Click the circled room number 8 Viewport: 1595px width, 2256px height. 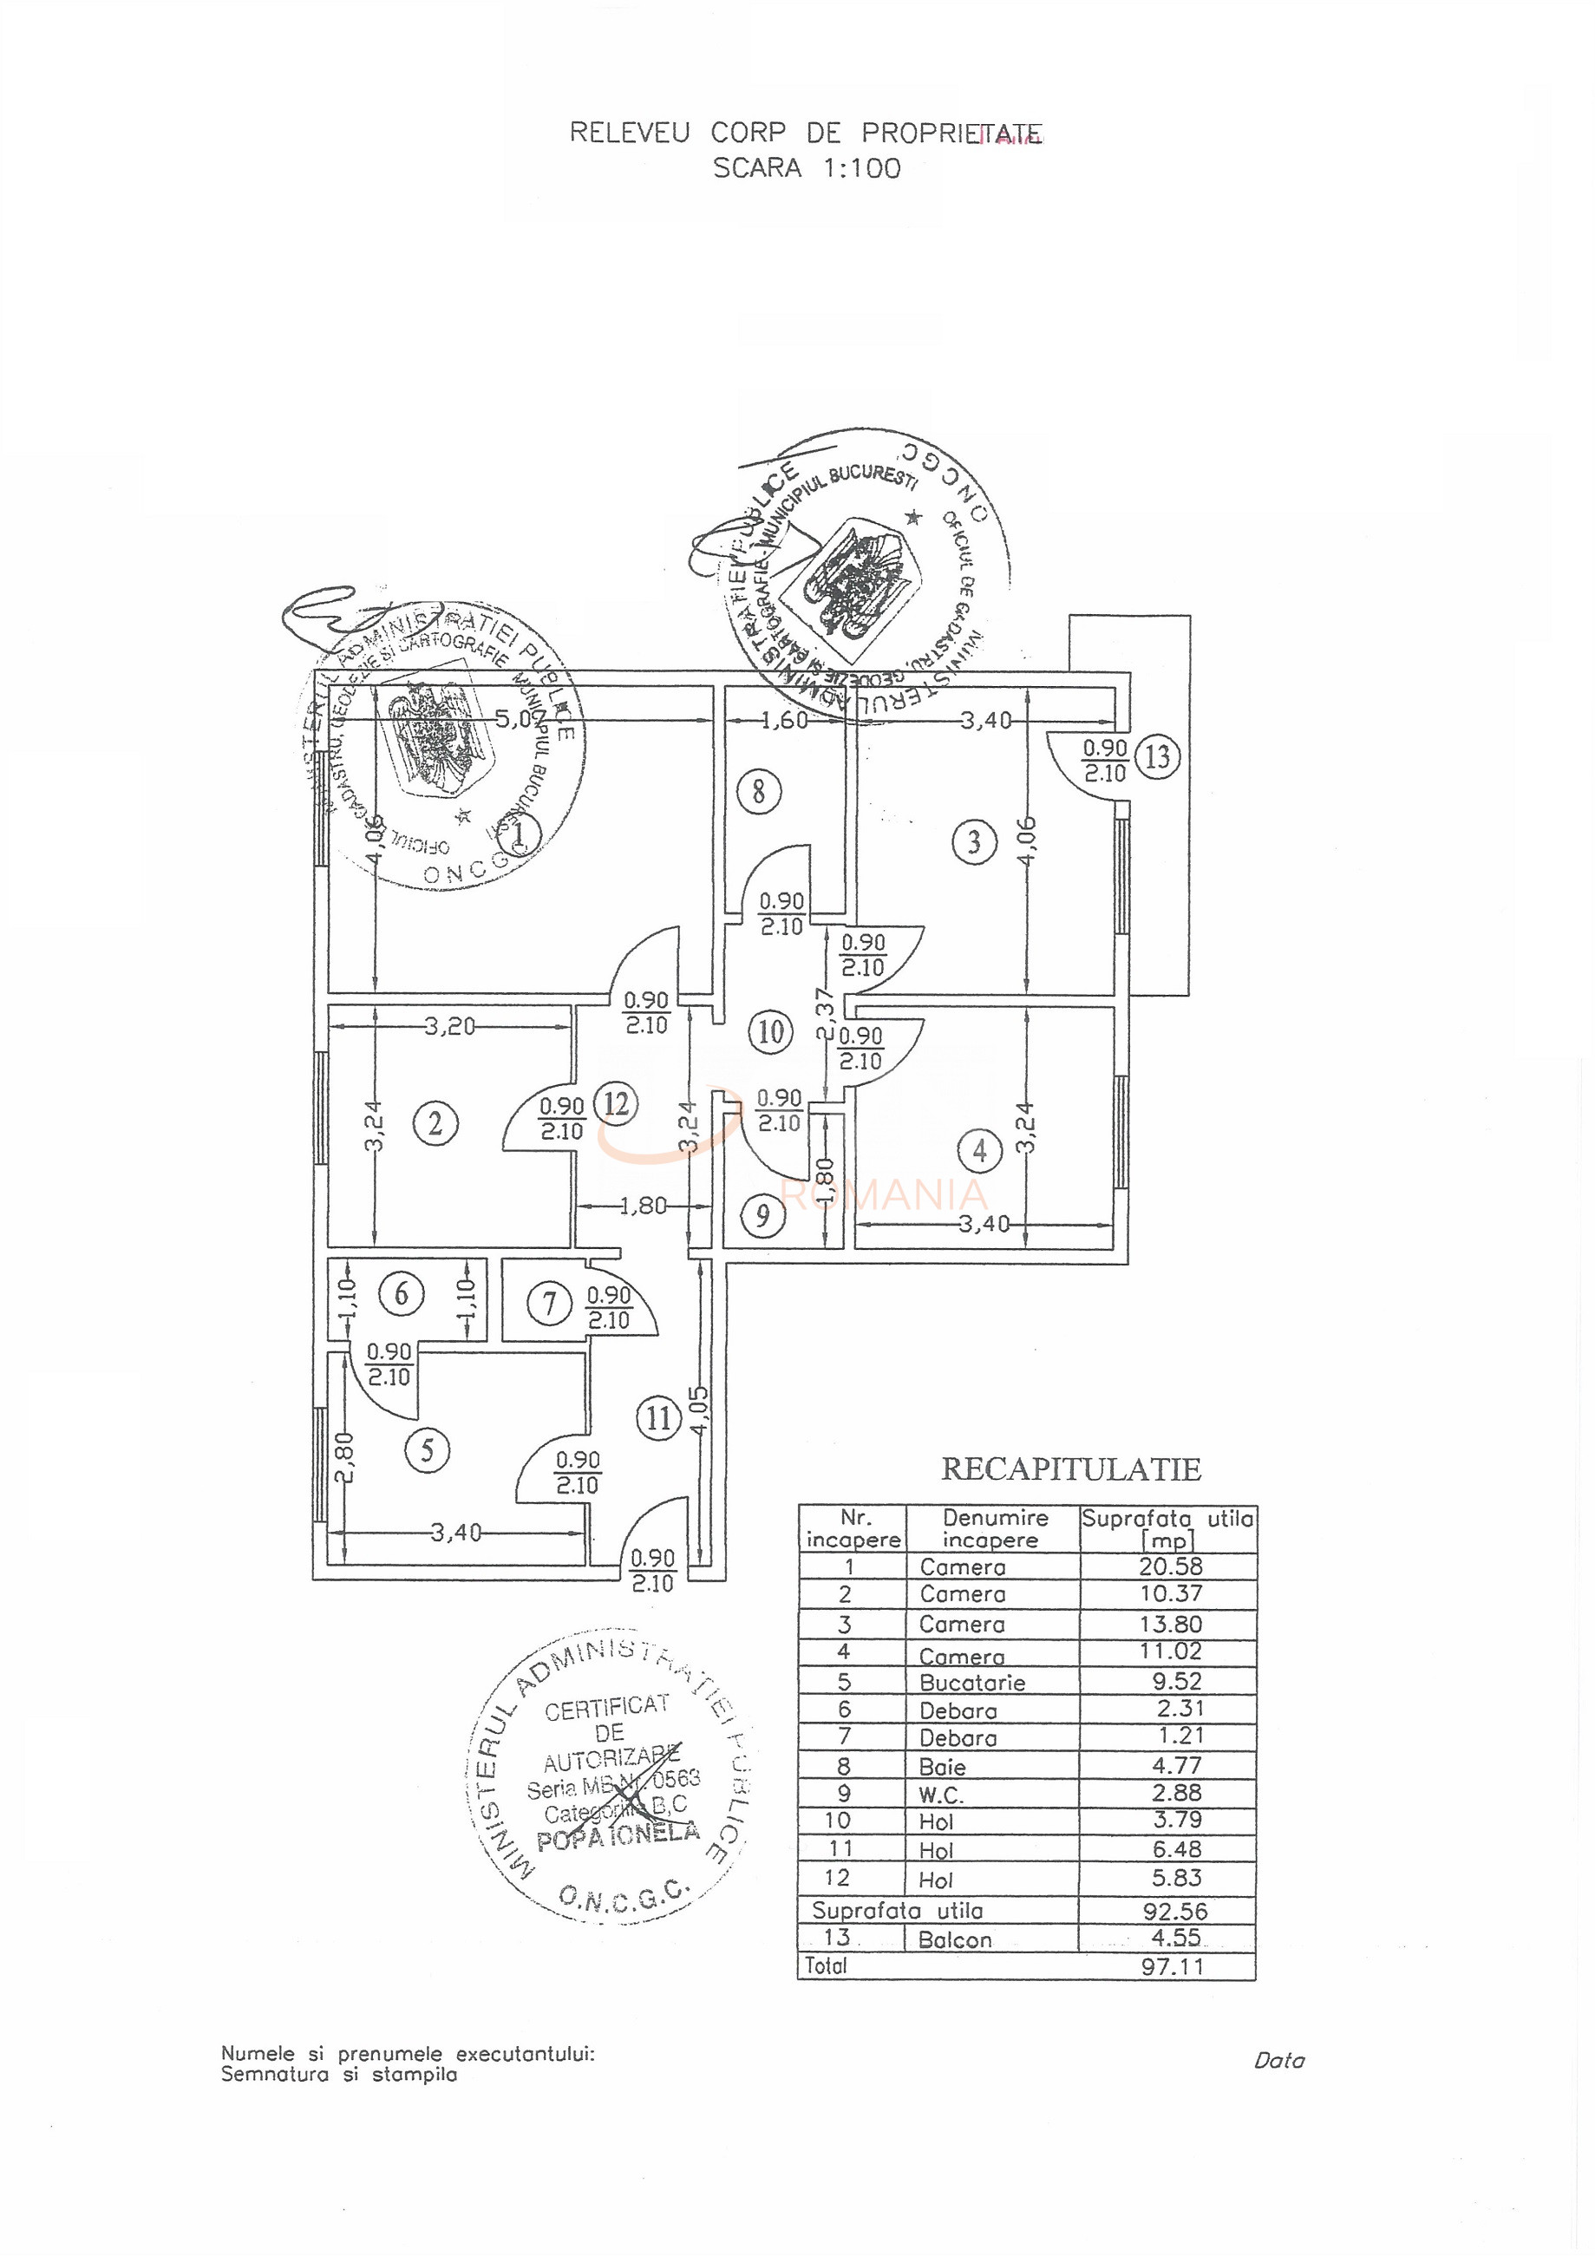758,791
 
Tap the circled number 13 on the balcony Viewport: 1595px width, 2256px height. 1158,757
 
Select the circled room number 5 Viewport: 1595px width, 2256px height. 428,1450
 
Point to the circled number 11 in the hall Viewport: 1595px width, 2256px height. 658,1419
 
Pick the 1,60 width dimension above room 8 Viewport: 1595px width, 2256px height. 784,720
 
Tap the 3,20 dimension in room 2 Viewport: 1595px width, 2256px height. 450,1027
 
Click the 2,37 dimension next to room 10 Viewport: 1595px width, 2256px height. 826,1014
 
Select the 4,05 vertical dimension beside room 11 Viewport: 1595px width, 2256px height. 699,1412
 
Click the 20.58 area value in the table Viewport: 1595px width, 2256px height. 1171,1566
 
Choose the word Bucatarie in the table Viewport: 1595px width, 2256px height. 958,1682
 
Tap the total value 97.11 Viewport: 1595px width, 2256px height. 1173,1966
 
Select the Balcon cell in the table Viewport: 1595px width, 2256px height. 954,1939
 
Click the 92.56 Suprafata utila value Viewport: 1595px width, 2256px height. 1174,1911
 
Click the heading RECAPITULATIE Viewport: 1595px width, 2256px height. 1070,1469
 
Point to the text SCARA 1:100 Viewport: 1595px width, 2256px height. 806,168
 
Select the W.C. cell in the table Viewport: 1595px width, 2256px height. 940,1795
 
